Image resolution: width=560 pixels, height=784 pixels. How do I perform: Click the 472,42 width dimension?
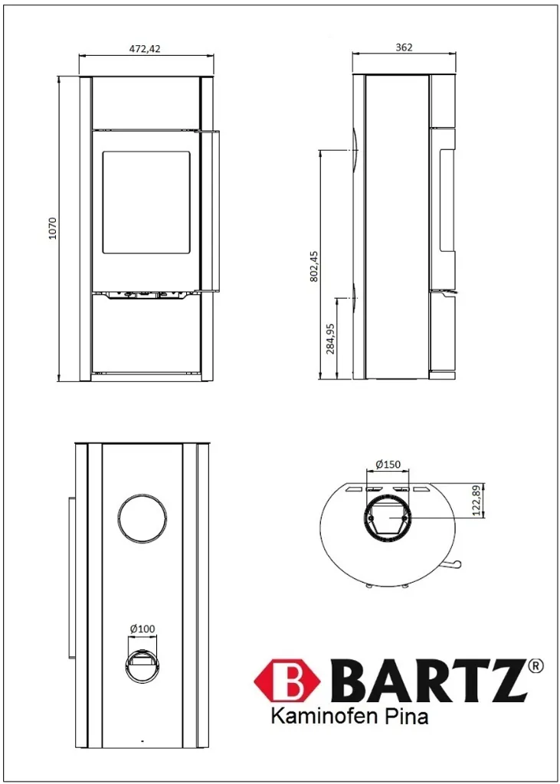(x=146, y=48)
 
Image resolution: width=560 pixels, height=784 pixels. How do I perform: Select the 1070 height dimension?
(x=53, y=228)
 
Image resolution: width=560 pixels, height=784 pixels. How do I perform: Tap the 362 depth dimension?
(x=404, y=47)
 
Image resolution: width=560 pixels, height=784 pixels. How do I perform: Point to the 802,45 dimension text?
(x=314, y=266)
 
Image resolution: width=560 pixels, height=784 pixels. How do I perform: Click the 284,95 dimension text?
(x=331, y=338)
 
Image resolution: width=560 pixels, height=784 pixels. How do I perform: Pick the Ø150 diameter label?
(x=388, y=464)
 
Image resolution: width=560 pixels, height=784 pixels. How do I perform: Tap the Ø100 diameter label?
(x=142, y=629)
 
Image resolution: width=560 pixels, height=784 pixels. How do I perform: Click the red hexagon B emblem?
(x=287, y=681)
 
